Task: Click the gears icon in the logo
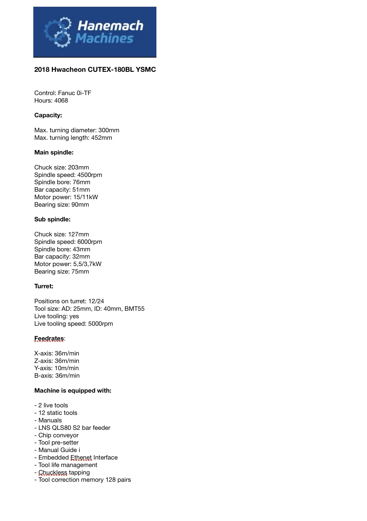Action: [58, 32]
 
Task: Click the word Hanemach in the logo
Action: [110, 26]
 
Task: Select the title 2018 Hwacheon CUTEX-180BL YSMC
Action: [95, 69]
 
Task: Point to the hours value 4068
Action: [61, 100]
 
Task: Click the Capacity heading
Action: [48, 115]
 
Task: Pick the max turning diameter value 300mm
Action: [109, 130]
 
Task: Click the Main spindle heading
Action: [54, 152]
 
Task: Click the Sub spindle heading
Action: [52, 219]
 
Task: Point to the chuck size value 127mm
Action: [78, 234]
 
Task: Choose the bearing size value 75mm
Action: [80, 271]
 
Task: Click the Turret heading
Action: [44, 286]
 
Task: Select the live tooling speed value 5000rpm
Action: [100, 324]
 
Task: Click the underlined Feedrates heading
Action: [49, 338]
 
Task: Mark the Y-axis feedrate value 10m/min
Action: [67, 368]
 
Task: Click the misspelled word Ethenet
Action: [81, 457]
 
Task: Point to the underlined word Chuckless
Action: [53, 472]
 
